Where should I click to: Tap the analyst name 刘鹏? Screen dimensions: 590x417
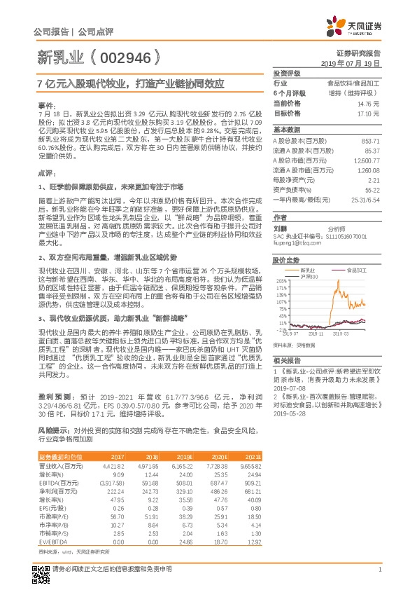point(281,228)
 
